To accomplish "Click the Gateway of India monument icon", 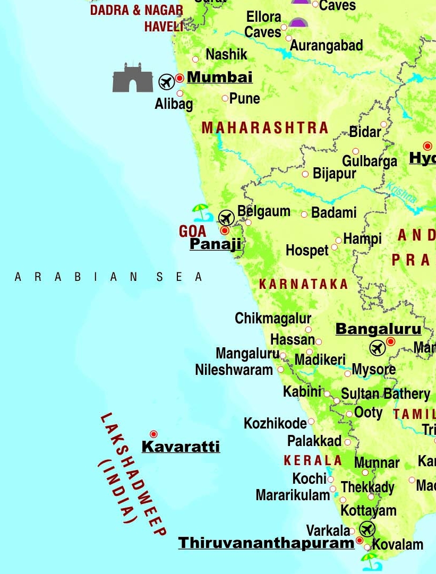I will [132, 79].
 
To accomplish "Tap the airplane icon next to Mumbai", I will [166, 82].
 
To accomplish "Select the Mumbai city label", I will [219, 77].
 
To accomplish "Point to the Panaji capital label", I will [215, 244].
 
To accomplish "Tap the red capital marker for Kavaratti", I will [153, 434].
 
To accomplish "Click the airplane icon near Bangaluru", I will [377, 348].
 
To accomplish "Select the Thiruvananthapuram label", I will [266, 543].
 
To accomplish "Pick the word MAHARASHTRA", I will [265, 128].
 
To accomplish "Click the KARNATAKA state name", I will [303, 284].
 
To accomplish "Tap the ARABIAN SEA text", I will [109, 277].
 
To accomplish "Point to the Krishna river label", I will [401, 193].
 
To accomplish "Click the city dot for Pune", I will [225, 98].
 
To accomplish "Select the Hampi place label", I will [362, 239].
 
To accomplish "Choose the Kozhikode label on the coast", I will [275, 423].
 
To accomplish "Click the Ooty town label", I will [369, 413].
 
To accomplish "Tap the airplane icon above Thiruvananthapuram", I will [366, 529].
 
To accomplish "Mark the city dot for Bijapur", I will [305, 174].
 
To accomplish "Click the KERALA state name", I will [313, 460].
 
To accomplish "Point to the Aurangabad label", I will [326, 46].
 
